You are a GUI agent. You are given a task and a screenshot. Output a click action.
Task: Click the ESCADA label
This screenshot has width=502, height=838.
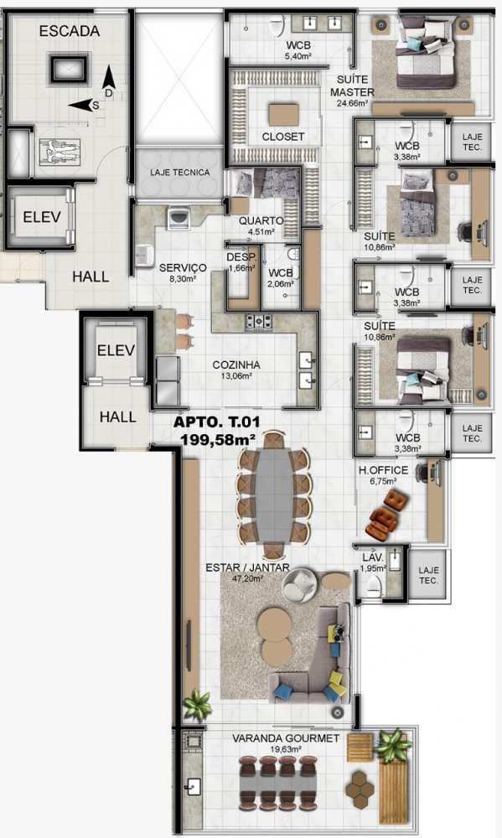tap(70, 31)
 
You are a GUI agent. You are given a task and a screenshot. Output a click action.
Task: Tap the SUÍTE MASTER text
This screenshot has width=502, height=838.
tap(352, 86)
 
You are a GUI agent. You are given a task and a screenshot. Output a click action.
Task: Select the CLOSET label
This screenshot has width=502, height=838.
tap(282, 137)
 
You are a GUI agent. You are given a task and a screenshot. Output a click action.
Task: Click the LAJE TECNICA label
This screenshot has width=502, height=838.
tap(179, 173)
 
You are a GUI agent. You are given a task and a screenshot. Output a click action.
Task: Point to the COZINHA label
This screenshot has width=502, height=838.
tap(236, 365)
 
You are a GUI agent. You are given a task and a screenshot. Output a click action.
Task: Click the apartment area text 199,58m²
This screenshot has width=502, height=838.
tap(218, 440)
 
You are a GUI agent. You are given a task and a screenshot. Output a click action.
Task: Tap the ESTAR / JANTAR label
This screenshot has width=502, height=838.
tap(247, 567)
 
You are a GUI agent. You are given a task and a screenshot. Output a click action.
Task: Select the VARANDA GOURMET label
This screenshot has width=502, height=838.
tap(286, 738)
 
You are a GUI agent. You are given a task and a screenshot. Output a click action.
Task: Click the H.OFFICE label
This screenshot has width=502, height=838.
tap(383, 470)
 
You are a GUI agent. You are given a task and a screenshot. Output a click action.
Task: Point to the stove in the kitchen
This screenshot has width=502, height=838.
tap(259, 321)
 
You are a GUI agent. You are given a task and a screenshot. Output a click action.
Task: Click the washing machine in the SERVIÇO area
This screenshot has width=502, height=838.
tap(178, 218)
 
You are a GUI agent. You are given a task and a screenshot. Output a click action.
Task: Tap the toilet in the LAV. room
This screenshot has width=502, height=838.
tap(375, 586)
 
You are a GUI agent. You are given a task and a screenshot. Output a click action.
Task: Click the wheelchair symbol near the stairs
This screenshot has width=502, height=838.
tap(60, 153)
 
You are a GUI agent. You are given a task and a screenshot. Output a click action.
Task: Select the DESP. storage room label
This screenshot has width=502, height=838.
tap(237, 257)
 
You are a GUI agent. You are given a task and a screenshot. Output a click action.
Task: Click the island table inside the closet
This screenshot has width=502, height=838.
tap(284, 114)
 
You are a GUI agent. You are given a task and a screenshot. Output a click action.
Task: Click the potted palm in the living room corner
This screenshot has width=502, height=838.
tap(198, 705)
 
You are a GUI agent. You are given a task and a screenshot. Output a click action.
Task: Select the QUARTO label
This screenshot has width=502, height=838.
tap(261, 220)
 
